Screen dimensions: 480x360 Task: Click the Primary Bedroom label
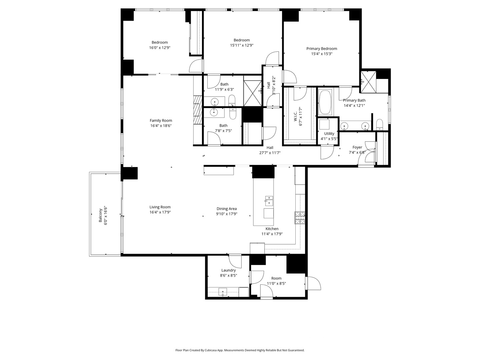click(x=321, y=49)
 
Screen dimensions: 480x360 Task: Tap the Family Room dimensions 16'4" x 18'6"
click(x=161, y=126)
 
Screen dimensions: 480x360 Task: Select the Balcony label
click(x=100, y=215)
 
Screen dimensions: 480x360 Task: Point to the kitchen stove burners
click(x=300, y=218)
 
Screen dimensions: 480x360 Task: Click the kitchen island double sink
click(x=269, y=201)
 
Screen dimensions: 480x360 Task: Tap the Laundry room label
click(x=228, y=270)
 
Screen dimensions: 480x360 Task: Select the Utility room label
click(x=329, y=134)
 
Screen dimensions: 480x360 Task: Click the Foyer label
click(x=357, y=147)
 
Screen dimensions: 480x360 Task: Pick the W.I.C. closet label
click(x=295, y=116)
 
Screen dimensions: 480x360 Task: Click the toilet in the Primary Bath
click(x=380, y=125)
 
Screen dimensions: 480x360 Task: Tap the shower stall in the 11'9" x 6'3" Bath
click(x=253, y=93)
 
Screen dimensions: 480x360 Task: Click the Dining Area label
click(x=227, y=209)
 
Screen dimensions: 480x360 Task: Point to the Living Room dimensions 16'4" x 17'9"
click(x=160, y=212)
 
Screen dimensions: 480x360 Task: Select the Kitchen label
click(x=272, y=229)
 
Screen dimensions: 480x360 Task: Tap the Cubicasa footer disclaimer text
click(x=240, y=350)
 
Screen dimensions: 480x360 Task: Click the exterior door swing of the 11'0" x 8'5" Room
click(x=314, y=283)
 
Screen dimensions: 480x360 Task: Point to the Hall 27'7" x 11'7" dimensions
click(x=270, y=153)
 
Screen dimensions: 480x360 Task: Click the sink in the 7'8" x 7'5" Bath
click(x=214, y=112)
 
